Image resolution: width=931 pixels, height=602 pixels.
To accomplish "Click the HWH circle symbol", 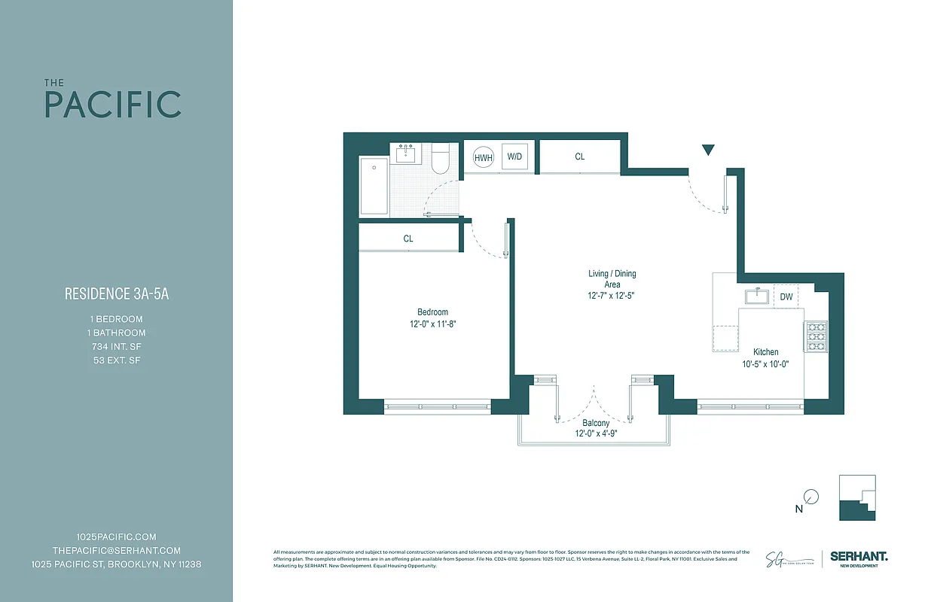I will coord(482,157).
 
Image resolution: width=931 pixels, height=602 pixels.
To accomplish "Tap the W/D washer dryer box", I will coord(514,157).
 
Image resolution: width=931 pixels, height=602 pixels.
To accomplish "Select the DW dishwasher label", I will coord(786,297).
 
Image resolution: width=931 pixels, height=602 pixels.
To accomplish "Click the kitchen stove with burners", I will coord(816,337).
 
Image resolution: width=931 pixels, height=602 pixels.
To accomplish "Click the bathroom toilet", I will coord(441,160).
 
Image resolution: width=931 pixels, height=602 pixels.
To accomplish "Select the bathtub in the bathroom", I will coord(374,186).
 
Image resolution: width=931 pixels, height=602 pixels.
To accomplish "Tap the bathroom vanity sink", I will coord(407,155).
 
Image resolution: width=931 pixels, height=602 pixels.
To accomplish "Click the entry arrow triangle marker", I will coord(707,150).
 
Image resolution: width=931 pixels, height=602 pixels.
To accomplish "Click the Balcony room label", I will coord(596,424).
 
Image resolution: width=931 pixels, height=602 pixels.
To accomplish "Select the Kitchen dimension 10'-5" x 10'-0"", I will coord(766,364).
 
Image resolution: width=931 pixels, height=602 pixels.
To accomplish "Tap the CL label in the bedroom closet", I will coord(408,239).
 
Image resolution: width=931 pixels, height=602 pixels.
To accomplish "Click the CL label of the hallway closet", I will coord(579,157).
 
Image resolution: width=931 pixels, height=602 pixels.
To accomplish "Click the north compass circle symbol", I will coord(810,497).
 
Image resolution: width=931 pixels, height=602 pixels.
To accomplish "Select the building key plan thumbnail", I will coord(857,497).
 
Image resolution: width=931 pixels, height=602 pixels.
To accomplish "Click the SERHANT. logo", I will coord(858,557).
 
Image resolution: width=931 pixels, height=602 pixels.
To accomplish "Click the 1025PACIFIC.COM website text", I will coord(117,537).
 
